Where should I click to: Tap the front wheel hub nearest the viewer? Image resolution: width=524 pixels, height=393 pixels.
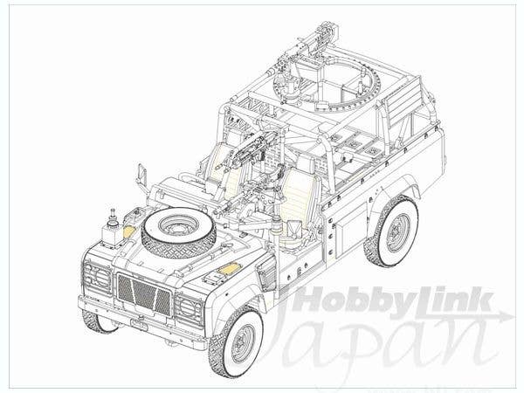[243, 343]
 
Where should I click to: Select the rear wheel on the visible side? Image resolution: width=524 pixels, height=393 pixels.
[392, 231]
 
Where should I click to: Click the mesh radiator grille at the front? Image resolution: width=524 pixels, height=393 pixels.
[144, 294]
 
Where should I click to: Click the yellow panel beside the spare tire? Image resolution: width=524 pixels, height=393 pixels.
[129, 231]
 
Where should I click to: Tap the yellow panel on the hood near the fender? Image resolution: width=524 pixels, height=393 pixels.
[228, 268]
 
